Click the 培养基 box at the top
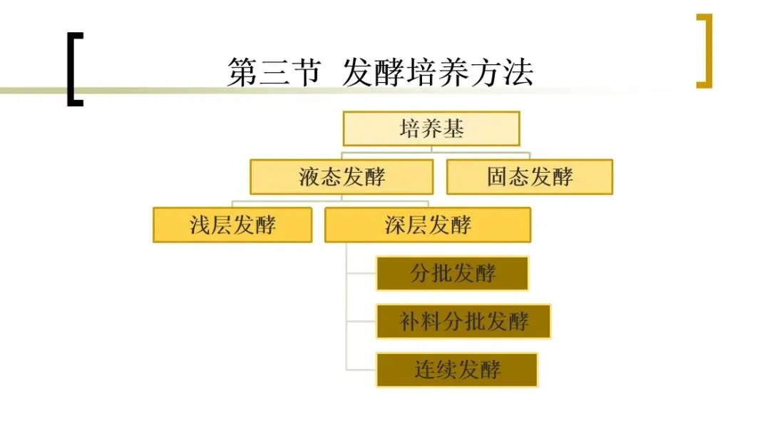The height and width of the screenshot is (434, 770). [x=431, y=129]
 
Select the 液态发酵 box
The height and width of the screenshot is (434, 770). [x=342, y=177]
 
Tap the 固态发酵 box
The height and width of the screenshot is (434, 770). [x=529, y=177]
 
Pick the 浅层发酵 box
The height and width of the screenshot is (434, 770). [x=232, y=225]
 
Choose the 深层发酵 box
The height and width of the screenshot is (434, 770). [x=428, y=225]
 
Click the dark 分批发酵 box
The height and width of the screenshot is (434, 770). [x=453, y=273]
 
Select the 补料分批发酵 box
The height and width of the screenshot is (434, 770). [x=463, y=321]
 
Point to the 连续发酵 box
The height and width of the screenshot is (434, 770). [x=457, y=369]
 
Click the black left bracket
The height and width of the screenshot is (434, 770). [x=73, y=69]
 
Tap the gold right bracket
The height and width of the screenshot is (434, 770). [x=704, y=51]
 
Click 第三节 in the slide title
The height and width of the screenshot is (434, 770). [x=274, y=73]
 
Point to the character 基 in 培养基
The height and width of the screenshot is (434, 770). [x=453, y=129]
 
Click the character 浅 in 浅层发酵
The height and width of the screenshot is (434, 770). [x=200, y=225]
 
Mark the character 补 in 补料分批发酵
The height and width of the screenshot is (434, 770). [x=411, y=321]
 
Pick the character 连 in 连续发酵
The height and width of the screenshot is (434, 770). [x=426, y=369]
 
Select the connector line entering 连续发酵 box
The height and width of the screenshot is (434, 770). [x=361, y=370]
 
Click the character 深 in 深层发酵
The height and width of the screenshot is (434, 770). [x=396, y=225]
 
